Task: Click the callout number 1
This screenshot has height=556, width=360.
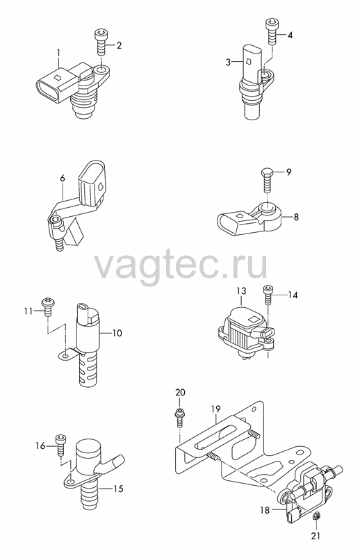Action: click(58, 54)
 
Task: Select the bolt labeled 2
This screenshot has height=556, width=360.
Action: click(99, 42)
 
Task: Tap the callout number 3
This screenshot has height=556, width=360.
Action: click(228, 63)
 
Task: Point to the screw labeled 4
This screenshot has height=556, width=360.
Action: click(271, 32)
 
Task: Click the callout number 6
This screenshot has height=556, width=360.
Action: click(63, 178)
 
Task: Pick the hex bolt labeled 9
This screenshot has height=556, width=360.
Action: click(266, 180)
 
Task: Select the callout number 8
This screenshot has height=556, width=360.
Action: click(296, 217)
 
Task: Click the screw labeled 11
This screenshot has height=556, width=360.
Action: click(47, 306)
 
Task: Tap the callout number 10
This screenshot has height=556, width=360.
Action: click(117, 333)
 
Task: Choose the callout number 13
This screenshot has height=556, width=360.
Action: click(241, 291)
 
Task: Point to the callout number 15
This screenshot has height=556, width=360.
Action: click(118, 489)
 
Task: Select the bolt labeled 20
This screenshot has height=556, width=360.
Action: click(180, 418)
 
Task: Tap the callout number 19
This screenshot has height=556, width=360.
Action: click(215, 409)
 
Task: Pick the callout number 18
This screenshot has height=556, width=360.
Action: click(265, 510)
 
